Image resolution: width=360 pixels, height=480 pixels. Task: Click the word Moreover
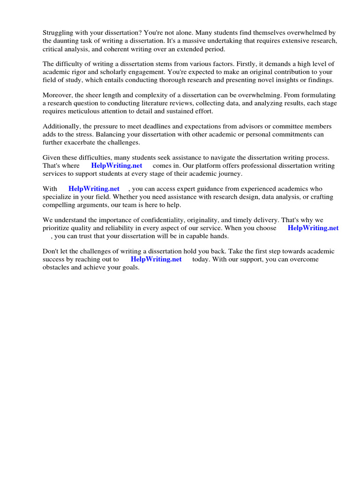58,95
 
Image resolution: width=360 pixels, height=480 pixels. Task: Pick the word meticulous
80,111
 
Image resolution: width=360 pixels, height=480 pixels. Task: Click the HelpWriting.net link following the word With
94,189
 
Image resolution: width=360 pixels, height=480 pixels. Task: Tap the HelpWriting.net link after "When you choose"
313,228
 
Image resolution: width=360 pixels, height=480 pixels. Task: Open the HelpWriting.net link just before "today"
156,259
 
